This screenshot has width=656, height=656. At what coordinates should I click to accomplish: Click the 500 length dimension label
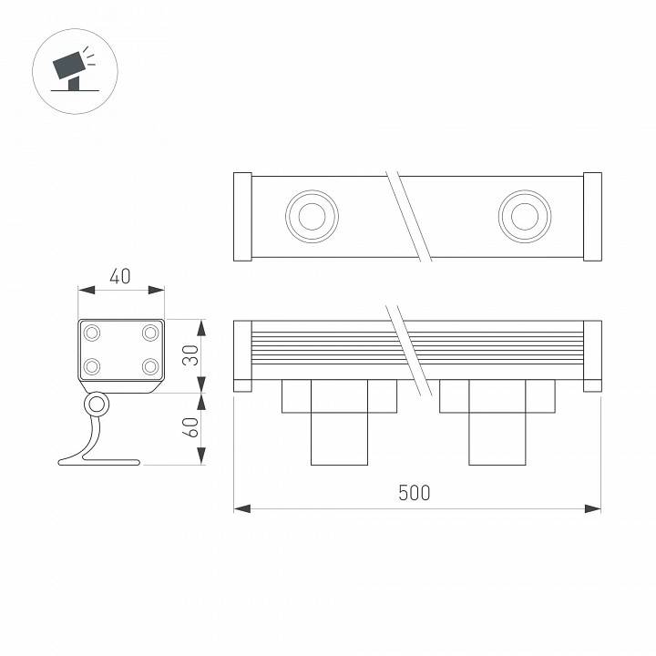(415, 493)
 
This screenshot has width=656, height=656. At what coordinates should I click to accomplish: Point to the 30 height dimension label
(190, 356)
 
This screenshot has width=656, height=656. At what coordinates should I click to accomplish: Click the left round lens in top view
(312, 216)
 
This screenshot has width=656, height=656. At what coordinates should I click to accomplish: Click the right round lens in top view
(524, 216)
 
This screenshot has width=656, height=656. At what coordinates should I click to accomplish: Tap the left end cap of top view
(242, 216)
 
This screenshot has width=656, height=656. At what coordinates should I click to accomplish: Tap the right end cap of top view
(592, 216)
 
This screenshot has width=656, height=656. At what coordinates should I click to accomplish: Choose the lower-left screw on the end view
(92, 367)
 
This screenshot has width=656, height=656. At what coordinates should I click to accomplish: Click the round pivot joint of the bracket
(96, 404)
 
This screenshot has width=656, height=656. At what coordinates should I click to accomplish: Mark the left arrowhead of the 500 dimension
(240, 507)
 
